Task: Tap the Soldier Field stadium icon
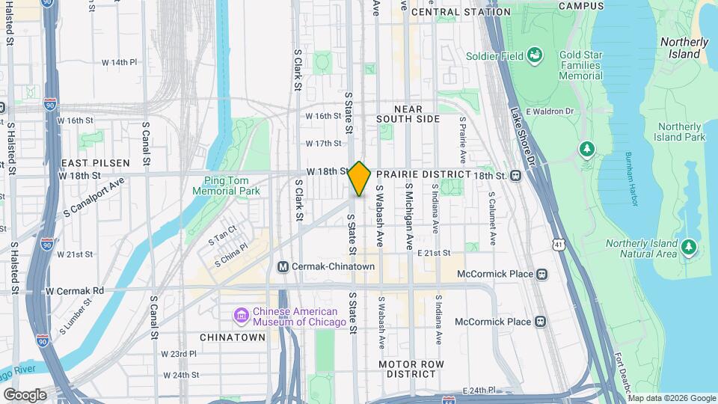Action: (x=535, y=55)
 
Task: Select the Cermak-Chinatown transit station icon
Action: (x=283, y=267)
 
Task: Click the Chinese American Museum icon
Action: (x=242, y=316)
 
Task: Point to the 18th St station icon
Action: (x=515, y=175)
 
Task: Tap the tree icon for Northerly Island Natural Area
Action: (x=689, y=245)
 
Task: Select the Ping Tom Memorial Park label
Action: (x=226, y=186)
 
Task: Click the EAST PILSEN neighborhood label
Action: (x=96, y=162)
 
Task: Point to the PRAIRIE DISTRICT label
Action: (x=429, y=174)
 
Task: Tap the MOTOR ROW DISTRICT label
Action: (x=411, y=369)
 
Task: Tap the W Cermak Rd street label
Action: (x=75, y=290)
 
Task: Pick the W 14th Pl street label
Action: (x=120, y=62)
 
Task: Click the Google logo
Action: (x=25, y=395)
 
